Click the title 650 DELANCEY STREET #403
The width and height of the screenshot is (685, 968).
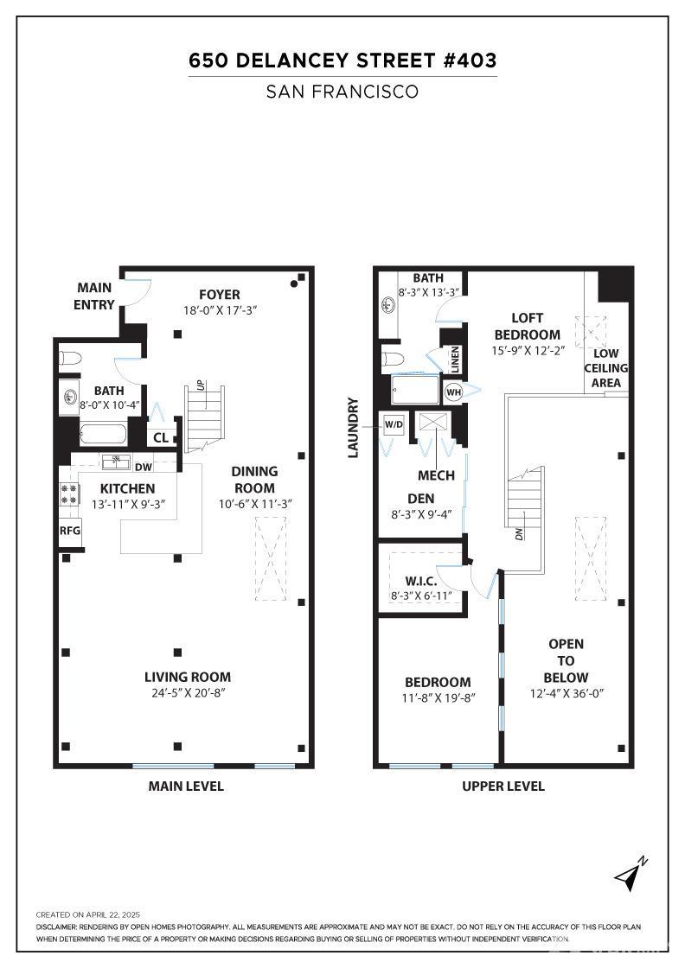coord(342,60)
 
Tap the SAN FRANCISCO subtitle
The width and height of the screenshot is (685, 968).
coord(342,92)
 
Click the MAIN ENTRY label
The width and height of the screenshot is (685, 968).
coord(94,296)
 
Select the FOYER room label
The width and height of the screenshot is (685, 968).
coord(220,295)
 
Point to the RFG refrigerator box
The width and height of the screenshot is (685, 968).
coord(70,531)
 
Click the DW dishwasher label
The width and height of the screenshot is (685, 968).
coord(144,468)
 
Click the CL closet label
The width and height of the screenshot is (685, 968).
coord(161,437)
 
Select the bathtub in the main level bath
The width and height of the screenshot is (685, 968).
coord(103,434)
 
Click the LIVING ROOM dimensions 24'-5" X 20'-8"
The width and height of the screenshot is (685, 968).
coord(188,692)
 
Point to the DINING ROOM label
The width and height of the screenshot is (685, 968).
coord(254,480)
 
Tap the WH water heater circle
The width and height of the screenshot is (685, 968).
coord(453,392)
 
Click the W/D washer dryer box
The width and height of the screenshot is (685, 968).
coord(394,424)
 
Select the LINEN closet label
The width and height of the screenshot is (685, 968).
coord(455,359)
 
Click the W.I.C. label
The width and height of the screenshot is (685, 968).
coord(421,582)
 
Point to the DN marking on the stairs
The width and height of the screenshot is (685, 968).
coord(520,534)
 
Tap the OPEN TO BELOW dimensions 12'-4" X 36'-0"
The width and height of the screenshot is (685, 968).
coord(567,693)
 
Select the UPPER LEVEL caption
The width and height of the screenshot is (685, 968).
coord(503,786)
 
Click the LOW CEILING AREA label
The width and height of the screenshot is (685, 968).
coord(606,368)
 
